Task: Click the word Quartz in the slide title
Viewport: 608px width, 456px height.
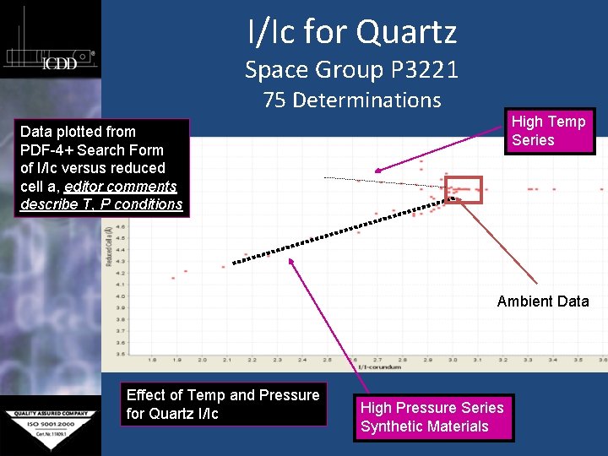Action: pyautogui.click(x=406, y=32)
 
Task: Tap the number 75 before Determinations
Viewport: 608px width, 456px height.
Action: pyautogui.click(x=274, y=100)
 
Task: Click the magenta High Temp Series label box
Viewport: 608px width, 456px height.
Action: pyautogui.click(x=548, y=131)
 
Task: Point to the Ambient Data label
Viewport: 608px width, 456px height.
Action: pyautogui.click(x=542, y=301)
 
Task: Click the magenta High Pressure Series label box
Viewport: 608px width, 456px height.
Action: pyautogui.click(x=432, y=416)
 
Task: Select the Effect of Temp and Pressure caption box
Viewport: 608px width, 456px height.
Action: pyautogui.click(x=222, y=404)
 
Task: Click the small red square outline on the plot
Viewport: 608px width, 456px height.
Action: pyautogui.click(x=463, y=190)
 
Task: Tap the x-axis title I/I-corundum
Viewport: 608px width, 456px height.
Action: pyautogui.click(x=377, y=367)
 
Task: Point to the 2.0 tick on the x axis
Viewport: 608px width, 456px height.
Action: pyautogui.click(x=202, y=360)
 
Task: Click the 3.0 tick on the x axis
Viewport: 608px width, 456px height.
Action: pyautogui.click(x=453, y=360)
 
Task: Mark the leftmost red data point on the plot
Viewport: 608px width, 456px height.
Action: pyautogui.click(x=173, y=278)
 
